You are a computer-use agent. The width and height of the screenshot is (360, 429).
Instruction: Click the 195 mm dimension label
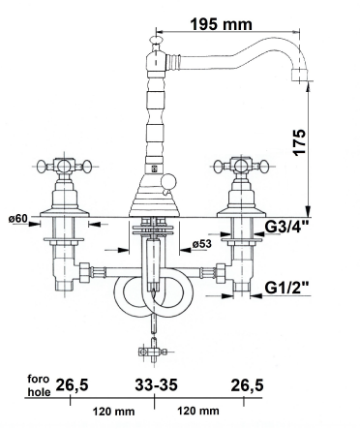click(222, 23)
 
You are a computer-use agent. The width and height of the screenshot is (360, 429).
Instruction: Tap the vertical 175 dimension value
click(299, 142)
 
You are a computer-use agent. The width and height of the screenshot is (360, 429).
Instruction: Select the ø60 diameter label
click(18, 219)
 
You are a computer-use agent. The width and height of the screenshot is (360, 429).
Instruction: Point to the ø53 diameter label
click(202, 244)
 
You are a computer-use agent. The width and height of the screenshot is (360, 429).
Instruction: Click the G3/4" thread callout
click(286, 227)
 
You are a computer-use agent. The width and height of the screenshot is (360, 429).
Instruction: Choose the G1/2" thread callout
click(286, 287)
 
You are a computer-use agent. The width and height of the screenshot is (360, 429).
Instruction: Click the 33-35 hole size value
click(156, 384)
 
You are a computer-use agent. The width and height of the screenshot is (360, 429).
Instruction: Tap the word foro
click(39, 379)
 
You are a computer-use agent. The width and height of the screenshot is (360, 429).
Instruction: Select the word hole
click(39, 392)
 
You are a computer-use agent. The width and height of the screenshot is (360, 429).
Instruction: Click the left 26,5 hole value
click(73, 385)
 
